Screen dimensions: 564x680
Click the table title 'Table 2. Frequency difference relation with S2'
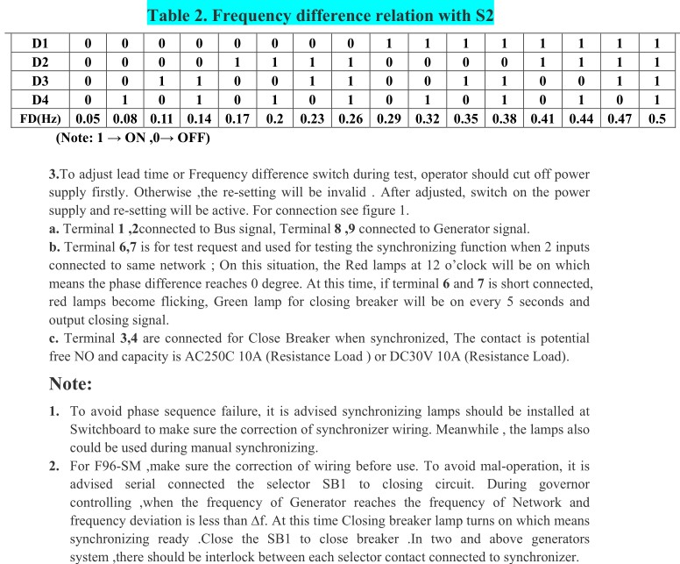click(x=339, y=15)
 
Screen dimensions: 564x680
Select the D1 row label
click(x=41, y=43)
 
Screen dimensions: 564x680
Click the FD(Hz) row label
click(x=41, y=118)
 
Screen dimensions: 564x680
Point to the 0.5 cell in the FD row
click(x=656, y=118)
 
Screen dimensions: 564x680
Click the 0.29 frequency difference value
click(x=388, y=118)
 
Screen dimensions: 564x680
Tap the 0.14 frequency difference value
click(x=201, y=118)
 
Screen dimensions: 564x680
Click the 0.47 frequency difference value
click(x=619, y=118)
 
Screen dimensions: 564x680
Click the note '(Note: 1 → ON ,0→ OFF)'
click(x=132, y=138)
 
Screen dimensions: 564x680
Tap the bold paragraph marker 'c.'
click(x=54, y=339)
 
